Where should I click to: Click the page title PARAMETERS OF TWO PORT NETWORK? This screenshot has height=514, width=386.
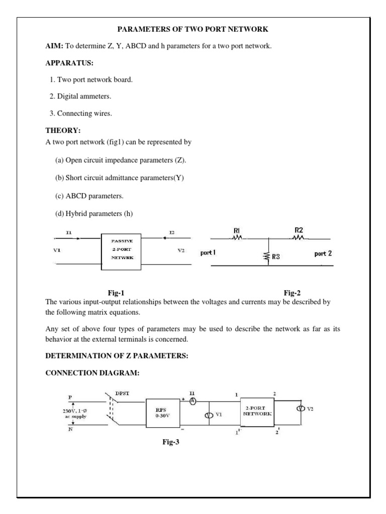pyautogui.click(x=192, y=29)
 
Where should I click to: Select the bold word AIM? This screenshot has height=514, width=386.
pyautogui.click(x=54, y=47)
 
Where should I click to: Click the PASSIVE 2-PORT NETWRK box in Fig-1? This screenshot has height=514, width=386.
pyautogui.click(x=122, y=251)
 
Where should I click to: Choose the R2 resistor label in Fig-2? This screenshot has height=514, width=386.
pyautogui.click(x=299, y=230)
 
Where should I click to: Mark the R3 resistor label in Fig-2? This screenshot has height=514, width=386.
pyautogui.click(x=276, y=258)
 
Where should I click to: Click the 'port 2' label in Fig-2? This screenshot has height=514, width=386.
pyautogui.click(x=323, y=253)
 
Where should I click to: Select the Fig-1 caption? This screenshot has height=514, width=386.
pyautogui.click(x=116, y=292)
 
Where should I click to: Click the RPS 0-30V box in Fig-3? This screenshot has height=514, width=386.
pyautogui.click(x=163, y=413)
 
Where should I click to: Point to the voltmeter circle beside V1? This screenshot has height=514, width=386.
pyautogui.click(x=208, y=415)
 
